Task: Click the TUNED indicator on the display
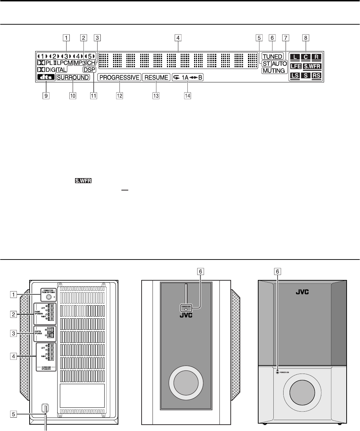pyautogui.click(x=272, y=56)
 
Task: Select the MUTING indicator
pyautogui.click(x=273, y=71)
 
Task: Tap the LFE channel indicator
pyautogui.click(x=295, y=66)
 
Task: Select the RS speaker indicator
pyautogui.click(x=316, y=75)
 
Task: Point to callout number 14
pyautogui.click(x=188, y=95)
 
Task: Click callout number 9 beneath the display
pyautogui.click(x=44, y=95)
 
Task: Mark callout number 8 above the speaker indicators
pyautogui.click(x=305, y=37)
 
